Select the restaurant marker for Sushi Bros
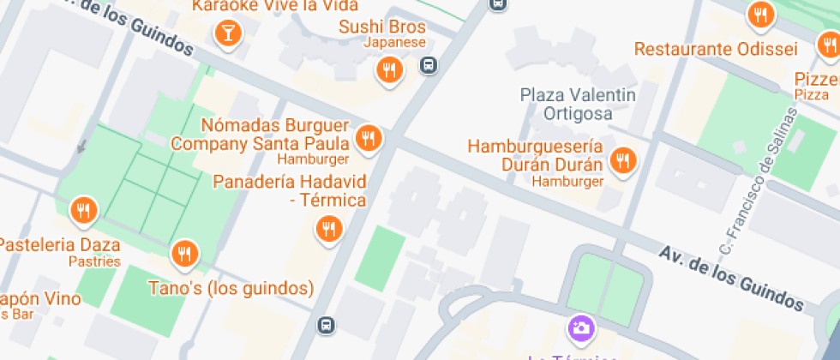(x=390, y=69)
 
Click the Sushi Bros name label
(x=382, y=27)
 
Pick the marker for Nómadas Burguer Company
(x=369, y=137)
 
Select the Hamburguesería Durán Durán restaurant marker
(x=623, y=159)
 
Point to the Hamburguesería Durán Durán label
(x=535, y=155)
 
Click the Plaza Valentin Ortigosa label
(x=579, y=103)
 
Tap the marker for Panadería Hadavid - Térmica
(x=327, y=228)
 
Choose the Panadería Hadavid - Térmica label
(x=290, y=191)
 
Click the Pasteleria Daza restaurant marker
(x=84, y=209)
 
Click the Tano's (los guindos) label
(x=231, y=287)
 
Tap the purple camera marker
(x=580, y=327)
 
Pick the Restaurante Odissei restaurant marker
(x=759, y=15)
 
